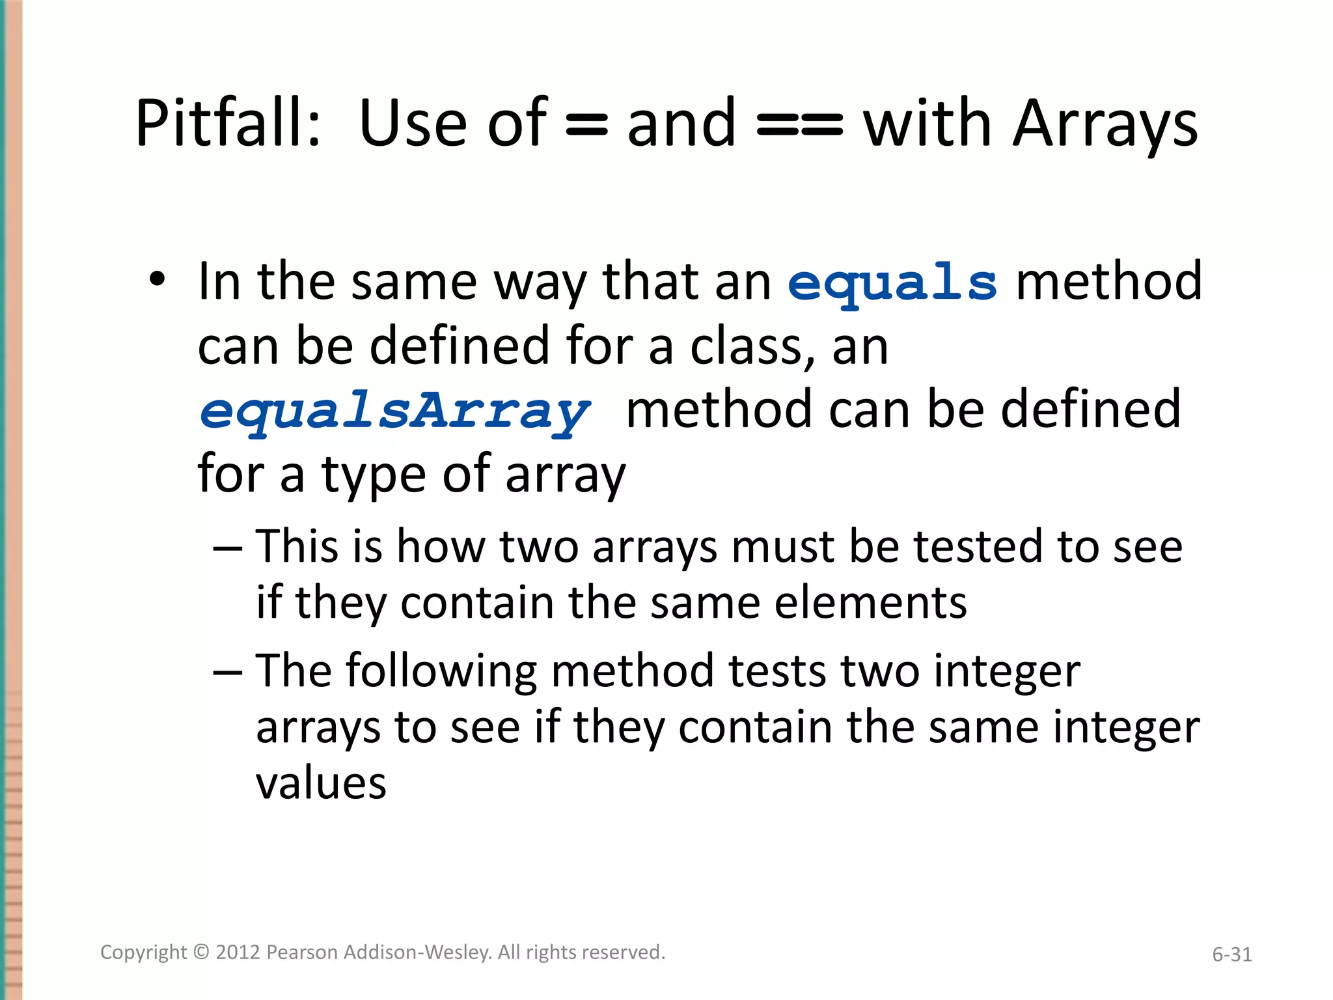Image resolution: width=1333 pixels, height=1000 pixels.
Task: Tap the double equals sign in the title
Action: (x=800, y=125)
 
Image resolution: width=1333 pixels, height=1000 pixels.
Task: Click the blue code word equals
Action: (x=892, y=284)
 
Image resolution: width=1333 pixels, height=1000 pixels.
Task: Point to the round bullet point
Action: (x=157, y=280)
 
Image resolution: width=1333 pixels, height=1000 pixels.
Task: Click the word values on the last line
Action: (x=322, y=783)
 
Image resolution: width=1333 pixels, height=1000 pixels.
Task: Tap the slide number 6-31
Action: (x=1231, y=954)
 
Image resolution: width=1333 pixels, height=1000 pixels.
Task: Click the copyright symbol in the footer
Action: (x=202, y=952)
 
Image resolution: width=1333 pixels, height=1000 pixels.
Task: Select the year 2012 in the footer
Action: (x=238, y=952)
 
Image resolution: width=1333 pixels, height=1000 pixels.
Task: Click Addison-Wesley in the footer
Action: (x=417, y=952)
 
